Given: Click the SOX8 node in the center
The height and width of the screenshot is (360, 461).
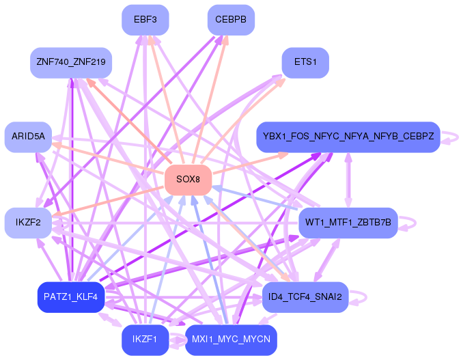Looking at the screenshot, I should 188,180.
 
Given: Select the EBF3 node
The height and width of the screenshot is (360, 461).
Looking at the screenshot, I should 145,20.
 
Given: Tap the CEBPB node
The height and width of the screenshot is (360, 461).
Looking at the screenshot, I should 231,20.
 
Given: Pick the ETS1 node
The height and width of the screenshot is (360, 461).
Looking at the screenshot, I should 305,62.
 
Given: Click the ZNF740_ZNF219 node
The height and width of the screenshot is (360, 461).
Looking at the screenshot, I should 71,62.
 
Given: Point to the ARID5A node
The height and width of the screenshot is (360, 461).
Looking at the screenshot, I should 28,137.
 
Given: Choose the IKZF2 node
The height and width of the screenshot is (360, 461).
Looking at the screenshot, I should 28,223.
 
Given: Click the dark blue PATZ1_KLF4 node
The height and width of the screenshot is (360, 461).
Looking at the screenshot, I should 71,296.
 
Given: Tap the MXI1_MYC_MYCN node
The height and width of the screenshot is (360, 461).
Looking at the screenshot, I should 231,339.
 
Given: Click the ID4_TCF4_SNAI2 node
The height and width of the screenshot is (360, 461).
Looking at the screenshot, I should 305,296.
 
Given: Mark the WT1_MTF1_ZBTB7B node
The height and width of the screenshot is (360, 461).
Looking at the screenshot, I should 348,223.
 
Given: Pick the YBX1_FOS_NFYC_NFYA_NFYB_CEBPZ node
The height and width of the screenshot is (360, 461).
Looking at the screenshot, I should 348,137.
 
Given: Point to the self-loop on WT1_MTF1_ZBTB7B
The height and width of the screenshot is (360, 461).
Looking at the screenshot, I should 408,223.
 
